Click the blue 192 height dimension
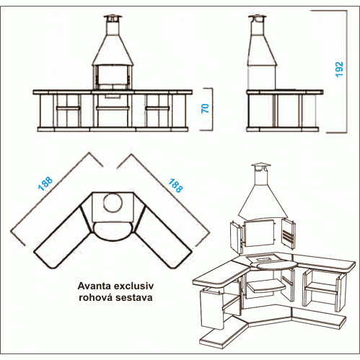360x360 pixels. pos(339,69)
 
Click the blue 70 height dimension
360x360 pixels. pos(205,108)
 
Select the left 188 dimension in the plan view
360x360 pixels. pos(45,184)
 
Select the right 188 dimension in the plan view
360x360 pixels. pos(175,185)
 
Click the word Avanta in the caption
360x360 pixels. pos(95,286)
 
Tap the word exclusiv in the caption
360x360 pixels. pos(133,286)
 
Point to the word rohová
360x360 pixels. pos(96,297)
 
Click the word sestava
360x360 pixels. pos(133,298)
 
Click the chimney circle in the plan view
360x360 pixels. pos(113,194)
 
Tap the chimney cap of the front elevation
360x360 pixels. pos(113,18)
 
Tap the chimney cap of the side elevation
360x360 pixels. pos(257,18)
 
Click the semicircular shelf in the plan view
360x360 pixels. pos(113,231)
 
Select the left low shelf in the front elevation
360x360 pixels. pos(69,108)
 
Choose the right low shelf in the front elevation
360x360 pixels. pos(158,108)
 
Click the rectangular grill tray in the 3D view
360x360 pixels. pos(264,259)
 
